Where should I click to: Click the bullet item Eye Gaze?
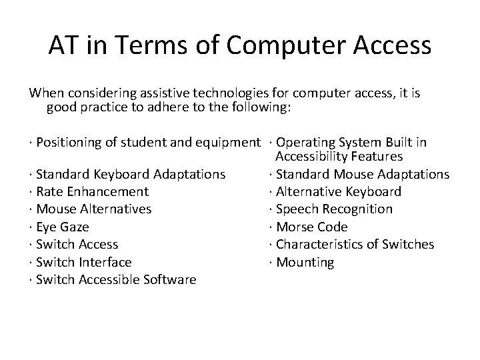click(62, 227)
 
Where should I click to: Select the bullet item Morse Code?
click(311, 227)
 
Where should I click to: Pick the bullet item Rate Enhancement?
click(92, 192)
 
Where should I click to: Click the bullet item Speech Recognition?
click(334, 209)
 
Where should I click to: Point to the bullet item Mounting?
click(305, 262)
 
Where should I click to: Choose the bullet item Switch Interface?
click(83, 262)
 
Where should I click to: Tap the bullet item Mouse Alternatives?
click(93, 209)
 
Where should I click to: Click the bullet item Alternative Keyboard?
click(338, 192)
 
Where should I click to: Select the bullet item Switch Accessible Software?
click(116, 279)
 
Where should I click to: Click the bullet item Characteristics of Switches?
click(355, 245)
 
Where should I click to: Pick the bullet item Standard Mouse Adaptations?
click(362, 175)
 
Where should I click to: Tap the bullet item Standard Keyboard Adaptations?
click(130, 175)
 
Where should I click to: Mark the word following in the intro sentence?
click(260, 107)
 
